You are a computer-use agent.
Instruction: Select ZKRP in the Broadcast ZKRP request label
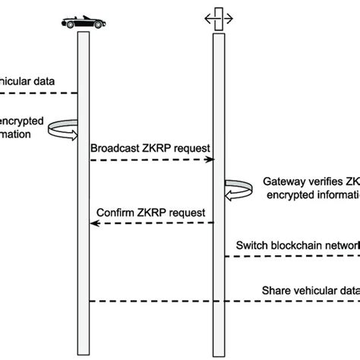(157, 148)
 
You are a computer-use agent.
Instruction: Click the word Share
(276, 289)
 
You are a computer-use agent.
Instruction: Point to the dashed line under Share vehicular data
(228, 301)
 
